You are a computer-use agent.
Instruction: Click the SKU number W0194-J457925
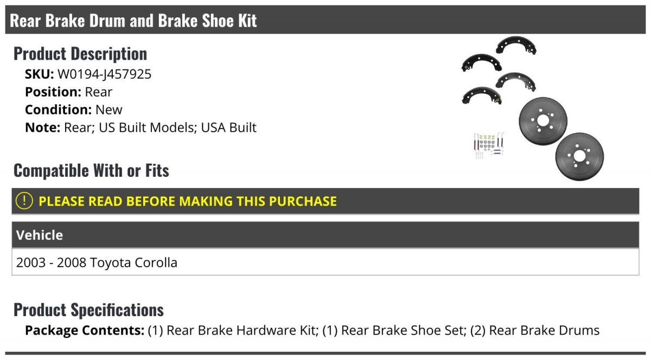coord(104,74)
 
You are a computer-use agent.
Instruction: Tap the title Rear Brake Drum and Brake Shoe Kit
coord(133,21)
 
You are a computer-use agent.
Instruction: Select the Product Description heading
coord(80,54)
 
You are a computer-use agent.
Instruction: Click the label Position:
coord(53,92)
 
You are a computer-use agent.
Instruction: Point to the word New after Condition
coord(108,110)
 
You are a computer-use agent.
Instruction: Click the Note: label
coord(43,127)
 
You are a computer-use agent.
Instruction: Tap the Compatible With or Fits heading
coord(91,170)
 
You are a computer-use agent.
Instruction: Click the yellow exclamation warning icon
coord(24,201)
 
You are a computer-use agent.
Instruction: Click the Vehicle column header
coord(40,235)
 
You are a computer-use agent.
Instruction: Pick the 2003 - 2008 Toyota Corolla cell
coord(97,262)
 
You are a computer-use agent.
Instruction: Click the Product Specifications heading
coord(88,310)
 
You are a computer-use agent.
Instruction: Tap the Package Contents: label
coord(85,330)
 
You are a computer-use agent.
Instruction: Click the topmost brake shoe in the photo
coord(516,45)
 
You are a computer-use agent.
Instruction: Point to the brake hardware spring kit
coord(490,145)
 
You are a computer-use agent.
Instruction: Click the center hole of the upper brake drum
coord(543,120)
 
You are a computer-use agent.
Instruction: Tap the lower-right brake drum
coord(579,157)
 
